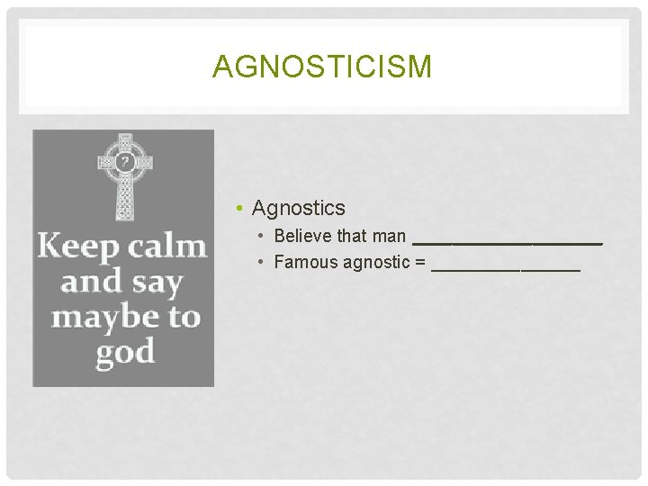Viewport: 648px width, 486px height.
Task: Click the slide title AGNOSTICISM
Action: coord(322,67)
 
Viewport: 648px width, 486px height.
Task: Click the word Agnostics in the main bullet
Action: coord(298,208)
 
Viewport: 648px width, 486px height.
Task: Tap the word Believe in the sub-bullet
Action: coord(301,236)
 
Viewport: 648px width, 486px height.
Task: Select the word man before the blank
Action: coord(389,236)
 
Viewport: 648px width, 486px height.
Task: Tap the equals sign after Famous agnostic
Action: coord(420,263)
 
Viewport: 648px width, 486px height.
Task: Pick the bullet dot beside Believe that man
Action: coord(259,237)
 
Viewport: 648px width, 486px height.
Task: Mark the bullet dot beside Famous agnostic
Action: coord(259,263)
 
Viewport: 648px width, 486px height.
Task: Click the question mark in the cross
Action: coord(125,162)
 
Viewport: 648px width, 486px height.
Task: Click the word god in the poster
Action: coord(125,351)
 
